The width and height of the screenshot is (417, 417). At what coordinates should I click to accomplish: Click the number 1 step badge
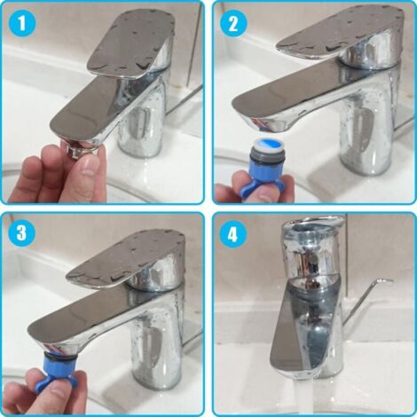tap(22, 24)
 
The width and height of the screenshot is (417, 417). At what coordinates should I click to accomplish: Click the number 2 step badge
tap(233, 24)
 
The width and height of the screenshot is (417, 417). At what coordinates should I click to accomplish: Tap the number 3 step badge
tap(22, 233)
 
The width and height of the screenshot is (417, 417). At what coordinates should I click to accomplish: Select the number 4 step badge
tap(233, 235)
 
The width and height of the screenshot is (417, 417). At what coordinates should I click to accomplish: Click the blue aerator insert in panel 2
tap(265, 153)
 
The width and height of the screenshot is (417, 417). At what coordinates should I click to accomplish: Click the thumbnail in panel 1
tap(91, 166)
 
